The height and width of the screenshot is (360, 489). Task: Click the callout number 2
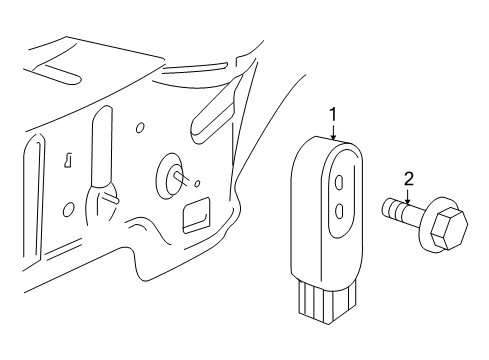pos(407,181)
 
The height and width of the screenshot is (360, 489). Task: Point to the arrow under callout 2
pos(407,197)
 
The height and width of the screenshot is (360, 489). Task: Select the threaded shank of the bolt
pos(397,212)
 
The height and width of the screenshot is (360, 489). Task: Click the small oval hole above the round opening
pos(141,127)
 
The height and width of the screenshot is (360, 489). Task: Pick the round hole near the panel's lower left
pos(69,210)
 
